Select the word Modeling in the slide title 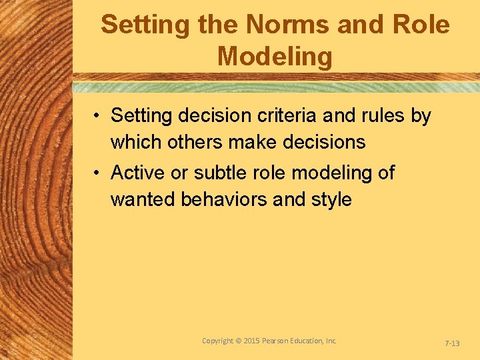(275, 57)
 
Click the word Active (138, 173)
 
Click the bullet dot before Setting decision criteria (97, 117)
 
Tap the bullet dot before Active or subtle (97, 174)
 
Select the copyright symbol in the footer (239, 341)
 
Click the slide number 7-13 (451, 343)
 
